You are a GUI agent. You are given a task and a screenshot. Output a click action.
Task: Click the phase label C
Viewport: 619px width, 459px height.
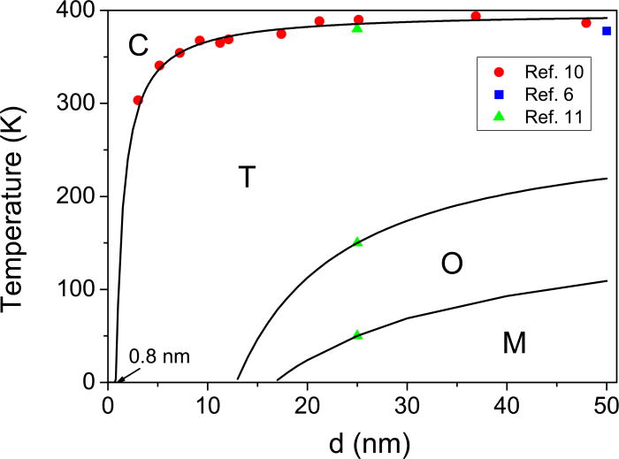(x=138, y=45)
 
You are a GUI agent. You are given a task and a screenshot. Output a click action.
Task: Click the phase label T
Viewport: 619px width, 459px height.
(x=248, y=178)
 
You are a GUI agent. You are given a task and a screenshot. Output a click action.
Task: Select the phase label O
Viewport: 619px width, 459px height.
(x=452, y=263)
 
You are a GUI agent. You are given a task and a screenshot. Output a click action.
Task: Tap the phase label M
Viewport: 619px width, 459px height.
(x=514, y=342)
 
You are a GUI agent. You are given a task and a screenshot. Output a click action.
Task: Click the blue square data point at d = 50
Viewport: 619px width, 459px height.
(x=607, y=31)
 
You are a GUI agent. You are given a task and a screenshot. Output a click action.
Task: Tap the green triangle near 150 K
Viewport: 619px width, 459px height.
(x=357, y=241)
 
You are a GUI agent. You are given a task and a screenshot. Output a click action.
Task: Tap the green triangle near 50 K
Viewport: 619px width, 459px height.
(x=357, y=334)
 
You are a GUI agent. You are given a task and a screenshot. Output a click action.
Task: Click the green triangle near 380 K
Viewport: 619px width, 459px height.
(x=357, y=28)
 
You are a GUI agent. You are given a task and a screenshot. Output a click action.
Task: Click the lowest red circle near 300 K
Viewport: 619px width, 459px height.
(x=138, y=100)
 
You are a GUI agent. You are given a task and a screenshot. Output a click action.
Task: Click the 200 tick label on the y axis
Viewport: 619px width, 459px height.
(x=78, y=196)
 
